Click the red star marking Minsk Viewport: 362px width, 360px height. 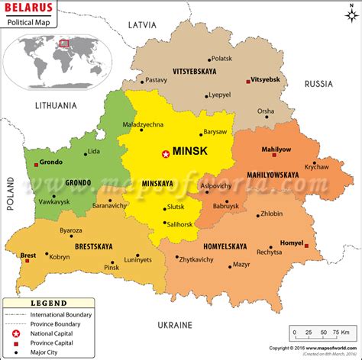click(x=165, y=154)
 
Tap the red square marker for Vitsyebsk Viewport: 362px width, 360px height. click(x=247, y=81)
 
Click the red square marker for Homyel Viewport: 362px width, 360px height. click(x=306, y=246)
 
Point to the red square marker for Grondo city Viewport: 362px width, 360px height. click(x=36, y=163)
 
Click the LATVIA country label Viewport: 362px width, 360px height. click(x=142, y=24)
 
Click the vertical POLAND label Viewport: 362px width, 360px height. click(x=11, y=193)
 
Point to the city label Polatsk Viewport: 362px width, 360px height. click(x=221, y=58)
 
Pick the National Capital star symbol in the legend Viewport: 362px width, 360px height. click(x=16, y=333)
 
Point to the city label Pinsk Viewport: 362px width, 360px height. click(x=112, y=267)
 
